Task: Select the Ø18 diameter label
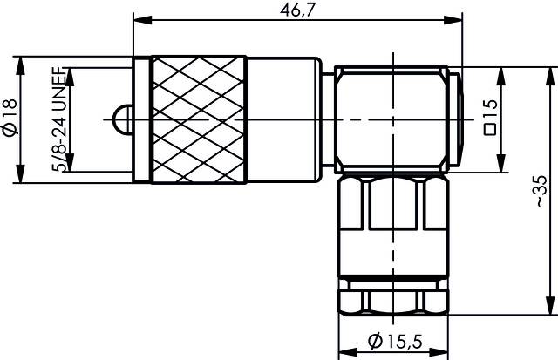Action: point(10,118)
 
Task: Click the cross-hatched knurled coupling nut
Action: point(198,119)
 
